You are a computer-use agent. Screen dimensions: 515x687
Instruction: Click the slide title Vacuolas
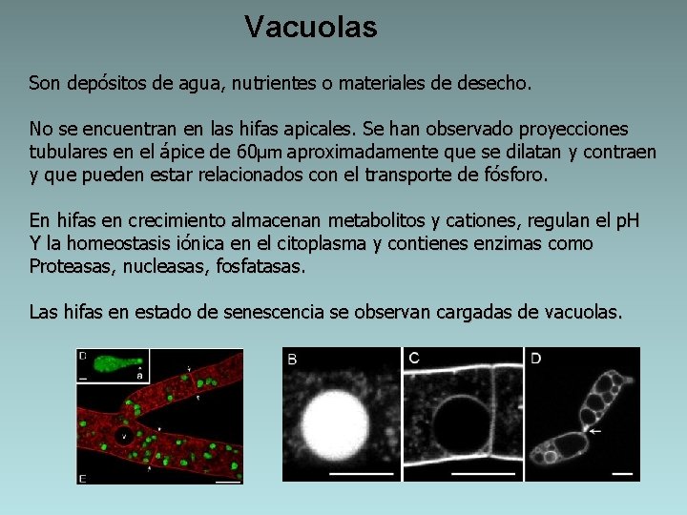(x=310, y=27)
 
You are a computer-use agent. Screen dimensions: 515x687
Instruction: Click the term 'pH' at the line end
(x=626, y=221)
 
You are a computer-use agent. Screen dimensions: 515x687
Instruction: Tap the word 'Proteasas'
(x=70, y=267)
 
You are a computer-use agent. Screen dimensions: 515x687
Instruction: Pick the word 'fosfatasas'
(x=261, y=267)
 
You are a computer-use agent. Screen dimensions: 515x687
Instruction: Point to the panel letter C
(x=413, y=359)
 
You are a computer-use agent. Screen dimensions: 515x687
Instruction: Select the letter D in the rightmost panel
(x=535, y=359)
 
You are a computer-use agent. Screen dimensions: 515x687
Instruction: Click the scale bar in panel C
(x=483, y=472)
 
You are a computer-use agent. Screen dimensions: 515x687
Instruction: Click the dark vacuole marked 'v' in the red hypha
(x=122, y=435)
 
